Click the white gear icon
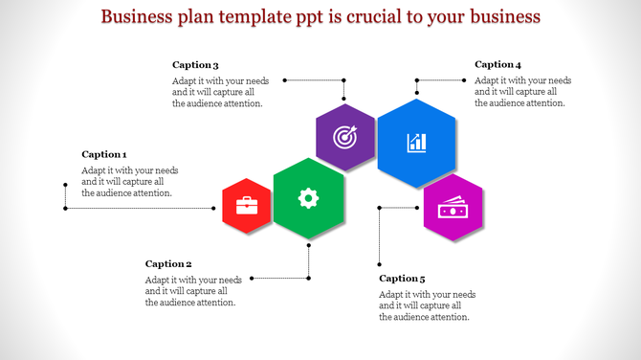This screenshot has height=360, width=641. (x=307, y=198)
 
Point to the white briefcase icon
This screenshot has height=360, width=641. (x=246, y=205)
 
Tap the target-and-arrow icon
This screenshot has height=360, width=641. (x=344, y=137)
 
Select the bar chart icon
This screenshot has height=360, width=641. (x=416, y=143)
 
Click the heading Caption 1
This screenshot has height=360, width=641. (x=104, y=154)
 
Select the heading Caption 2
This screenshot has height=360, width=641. (x=168, y=263)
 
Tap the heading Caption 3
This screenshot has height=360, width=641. (x=195, y=65)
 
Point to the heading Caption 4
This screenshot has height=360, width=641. (x=497, y=65)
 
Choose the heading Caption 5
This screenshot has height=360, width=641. (x=402, y=279)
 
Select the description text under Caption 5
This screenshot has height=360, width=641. (x=427, y=305)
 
